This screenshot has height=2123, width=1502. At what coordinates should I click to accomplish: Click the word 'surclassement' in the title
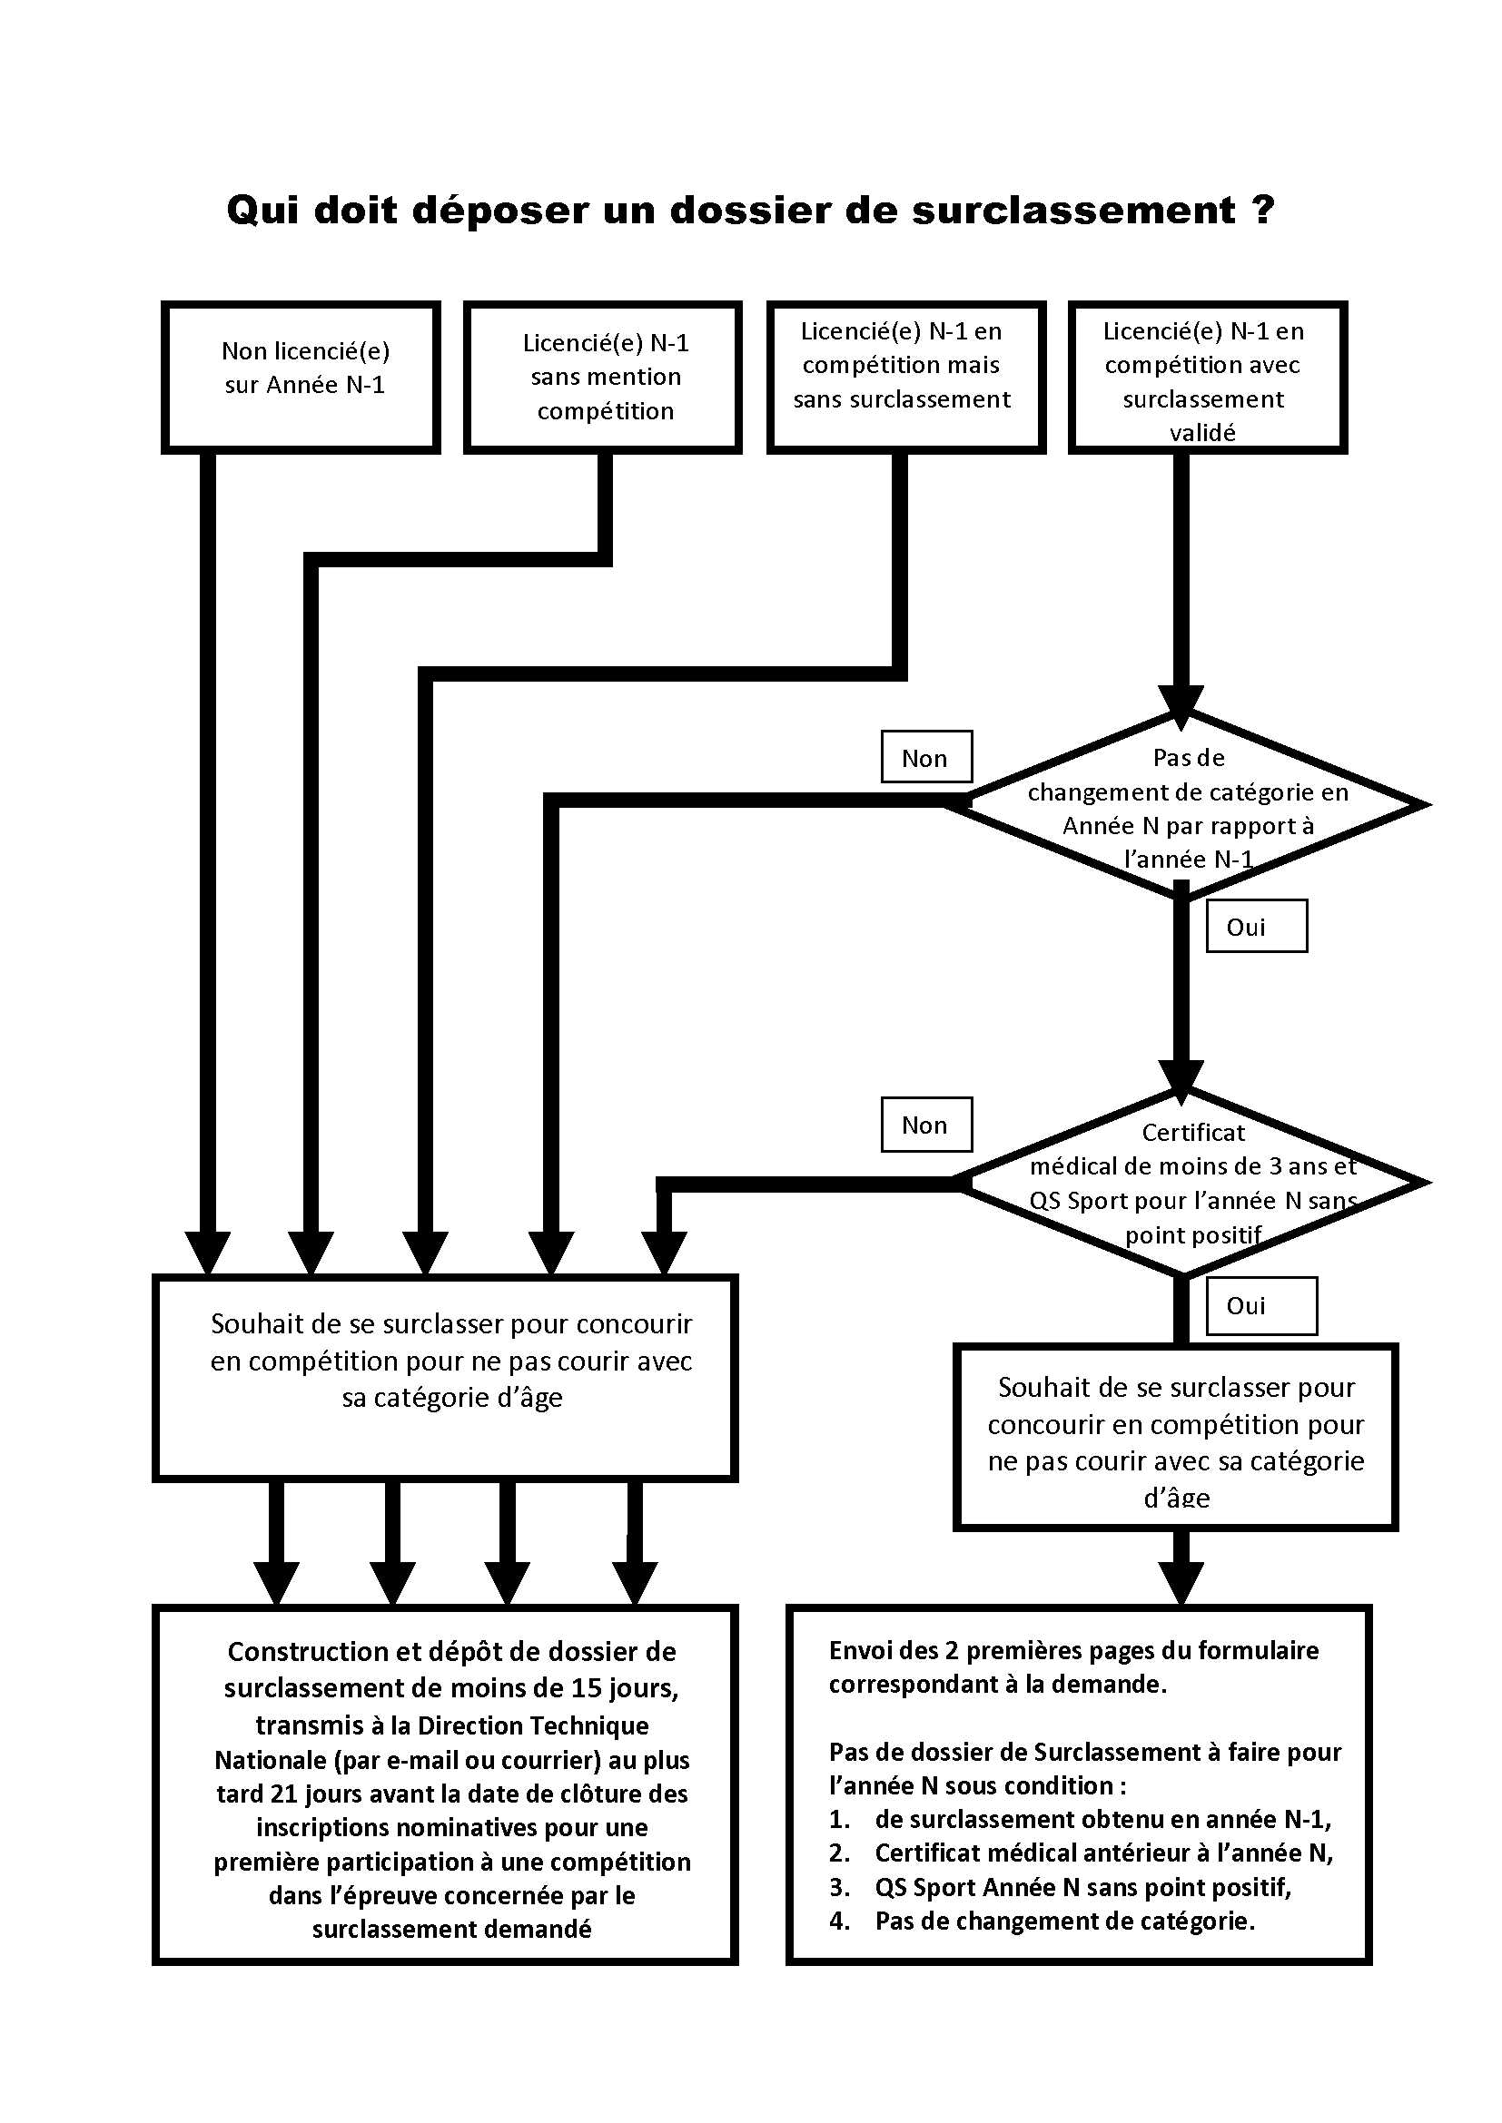tap(1073, 211)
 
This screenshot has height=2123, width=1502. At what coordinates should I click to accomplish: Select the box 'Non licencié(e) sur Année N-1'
tap(301, 378)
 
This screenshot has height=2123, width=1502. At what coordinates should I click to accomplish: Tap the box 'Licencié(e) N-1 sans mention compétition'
tap(603, 378)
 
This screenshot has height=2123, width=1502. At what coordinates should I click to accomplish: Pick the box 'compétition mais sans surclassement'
tap(906, 378)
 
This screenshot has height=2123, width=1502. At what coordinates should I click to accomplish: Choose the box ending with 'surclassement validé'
tap(1208, 378)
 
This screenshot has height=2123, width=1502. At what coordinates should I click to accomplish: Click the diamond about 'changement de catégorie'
tap(1189, 805)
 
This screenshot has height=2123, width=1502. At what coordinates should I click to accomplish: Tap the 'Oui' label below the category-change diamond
tap(1257, 926)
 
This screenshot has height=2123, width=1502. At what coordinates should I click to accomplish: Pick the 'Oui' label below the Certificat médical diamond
tap(1261, 1305)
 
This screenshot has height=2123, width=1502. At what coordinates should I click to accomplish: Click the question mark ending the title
tap(1264, 210)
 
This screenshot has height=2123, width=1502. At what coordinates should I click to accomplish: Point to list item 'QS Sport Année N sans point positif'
tap(1083, 1887)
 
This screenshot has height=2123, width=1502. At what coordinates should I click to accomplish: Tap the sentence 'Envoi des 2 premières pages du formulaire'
tap(1073, 1650)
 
